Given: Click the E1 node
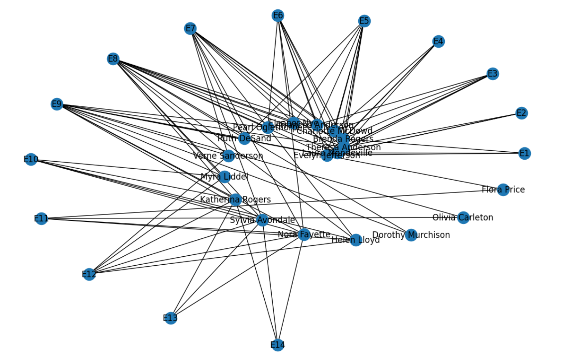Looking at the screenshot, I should coord(524,153).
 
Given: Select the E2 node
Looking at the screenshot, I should coord(521,113).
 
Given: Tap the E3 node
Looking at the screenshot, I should coord(492,74).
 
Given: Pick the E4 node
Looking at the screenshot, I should coord(438,41).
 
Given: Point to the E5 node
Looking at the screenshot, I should coord(364,21).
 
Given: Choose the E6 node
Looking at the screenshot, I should coord(278,16).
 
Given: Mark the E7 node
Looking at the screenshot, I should coord(190,28).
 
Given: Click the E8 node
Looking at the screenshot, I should coord(113,59).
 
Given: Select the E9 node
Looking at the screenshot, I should coord(57,104).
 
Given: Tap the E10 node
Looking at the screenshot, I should coord(31,159).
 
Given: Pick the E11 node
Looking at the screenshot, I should coord(41,218).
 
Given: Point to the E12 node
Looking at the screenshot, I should coord(89,274).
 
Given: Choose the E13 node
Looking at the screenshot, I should coord(170,318).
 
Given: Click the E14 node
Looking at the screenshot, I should coord(278,345).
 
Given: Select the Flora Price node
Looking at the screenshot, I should coord(503,189).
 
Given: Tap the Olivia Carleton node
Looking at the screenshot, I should coord(463,217).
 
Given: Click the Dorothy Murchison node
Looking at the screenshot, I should coord(411,235).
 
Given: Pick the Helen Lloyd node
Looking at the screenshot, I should coord(356,240).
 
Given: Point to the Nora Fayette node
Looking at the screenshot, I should coord(304,234).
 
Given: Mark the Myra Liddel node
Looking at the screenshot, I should coord(225,177).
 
